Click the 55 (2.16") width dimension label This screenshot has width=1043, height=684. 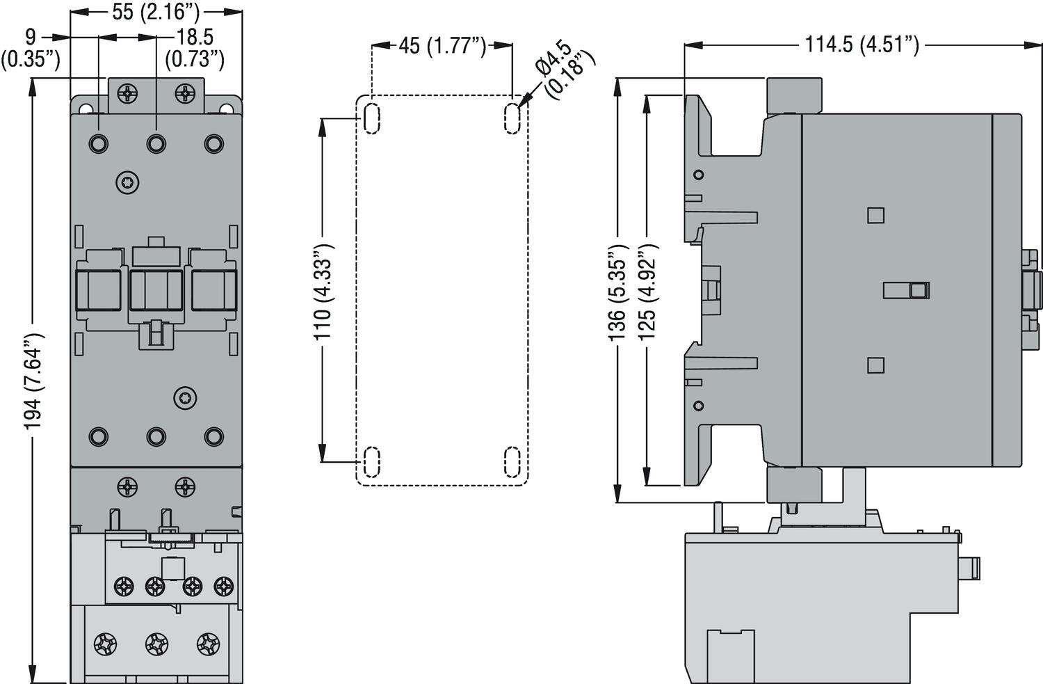(x=156, y=12)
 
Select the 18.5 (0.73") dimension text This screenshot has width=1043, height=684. (x=195, y=47)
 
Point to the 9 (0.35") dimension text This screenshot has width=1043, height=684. (x=30, y=47)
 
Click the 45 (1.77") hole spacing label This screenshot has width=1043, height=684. (x=442, y=46)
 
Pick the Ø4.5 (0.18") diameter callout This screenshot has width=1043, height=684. (x=565, y=70)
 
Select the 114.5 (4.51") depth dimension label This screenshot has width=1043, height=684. (x=862, y=45)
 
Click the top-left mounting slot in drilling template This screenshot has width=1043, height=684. (x=372, y=118)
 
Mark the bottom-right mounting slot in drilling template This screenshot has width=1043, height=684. (x=512, y=461)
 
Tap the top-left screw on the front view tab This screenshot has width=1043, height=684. (x=128, y=93)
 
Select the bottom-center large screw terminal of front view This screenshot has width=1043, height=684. (x=156, y=644)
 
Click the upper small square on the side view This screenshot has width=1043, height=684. (x=875, y=215)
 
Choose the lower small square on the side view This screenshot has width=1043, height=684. (x=875, y=365)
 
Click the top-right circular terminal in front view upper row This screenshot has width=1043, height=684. (x=213, y=143)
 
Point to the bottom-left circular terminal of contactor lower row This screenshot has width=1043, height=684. (x=99, y=436)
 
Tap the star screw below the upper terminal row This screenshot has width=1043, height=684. (x=128, y=182)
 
